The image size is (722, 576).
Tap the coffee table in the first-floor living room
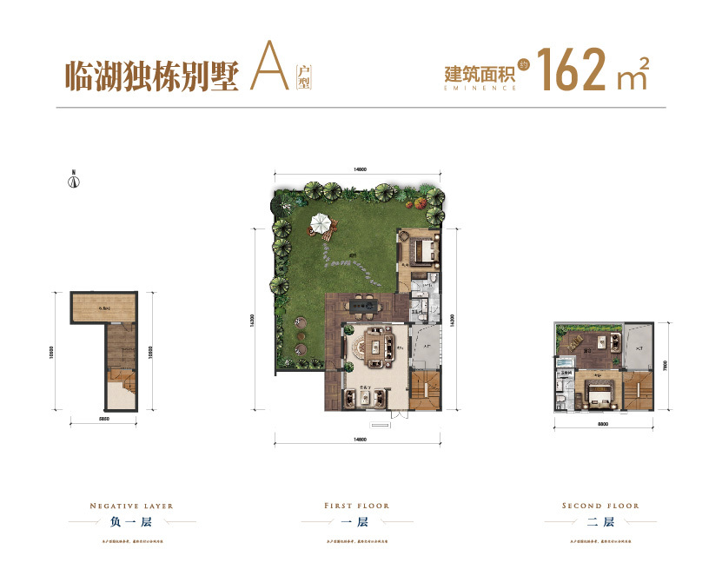[x=377, y=345]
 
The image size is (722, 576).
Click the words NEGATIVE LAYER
[x=132, y=505]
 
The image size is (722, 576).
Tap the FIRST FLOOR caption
[x=356, y=505]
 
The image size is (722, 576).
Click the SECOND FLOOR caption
[x=600, y=505]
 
